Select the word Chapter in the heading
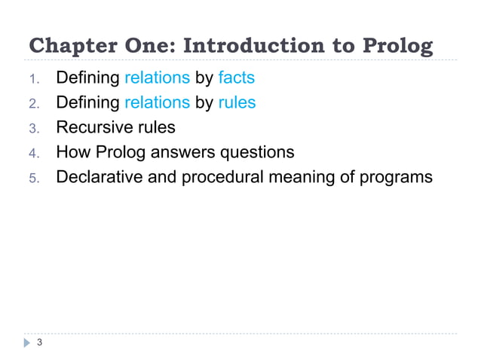(x=66, y=46)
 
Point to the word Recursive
(x=94, y=127)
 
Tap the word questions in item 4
(x=256, y=153)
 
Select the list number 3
(x=33, y=128)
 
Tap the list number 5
(x=33, y=178)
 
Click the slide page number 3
(x=39, y=344)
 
